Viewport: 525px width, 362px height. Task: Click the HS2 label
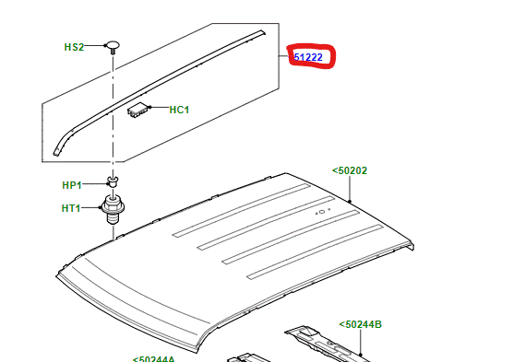(x=74, y=46)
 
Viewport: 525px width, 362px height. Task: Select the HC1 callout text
(x=179, y=111)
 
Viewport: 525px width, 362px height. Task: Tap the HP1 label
(x=72, y=185)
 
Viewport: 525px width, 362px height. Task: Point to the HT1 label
(x=72, y=208)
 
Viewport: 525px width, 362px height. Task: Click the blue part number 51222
(x=308, y=57)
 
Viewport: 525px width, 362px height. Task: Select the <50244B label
(x=360, y=324)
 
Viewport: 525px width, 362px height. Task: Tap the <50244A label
(x=153, y=359)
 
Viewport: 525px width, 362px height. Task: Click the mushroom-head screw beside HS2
(x=112, y=44)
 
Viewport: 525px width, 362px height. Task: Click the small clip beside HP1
(x=112, y=181)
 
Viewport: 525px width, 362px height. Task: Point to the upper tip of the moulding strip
(x=261, y=34)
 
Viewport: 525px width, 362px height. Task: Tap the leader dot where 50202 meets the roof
(x=352, y=200)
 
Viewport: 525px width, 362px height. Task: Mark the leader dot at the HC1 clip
(x=149, y=110)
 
